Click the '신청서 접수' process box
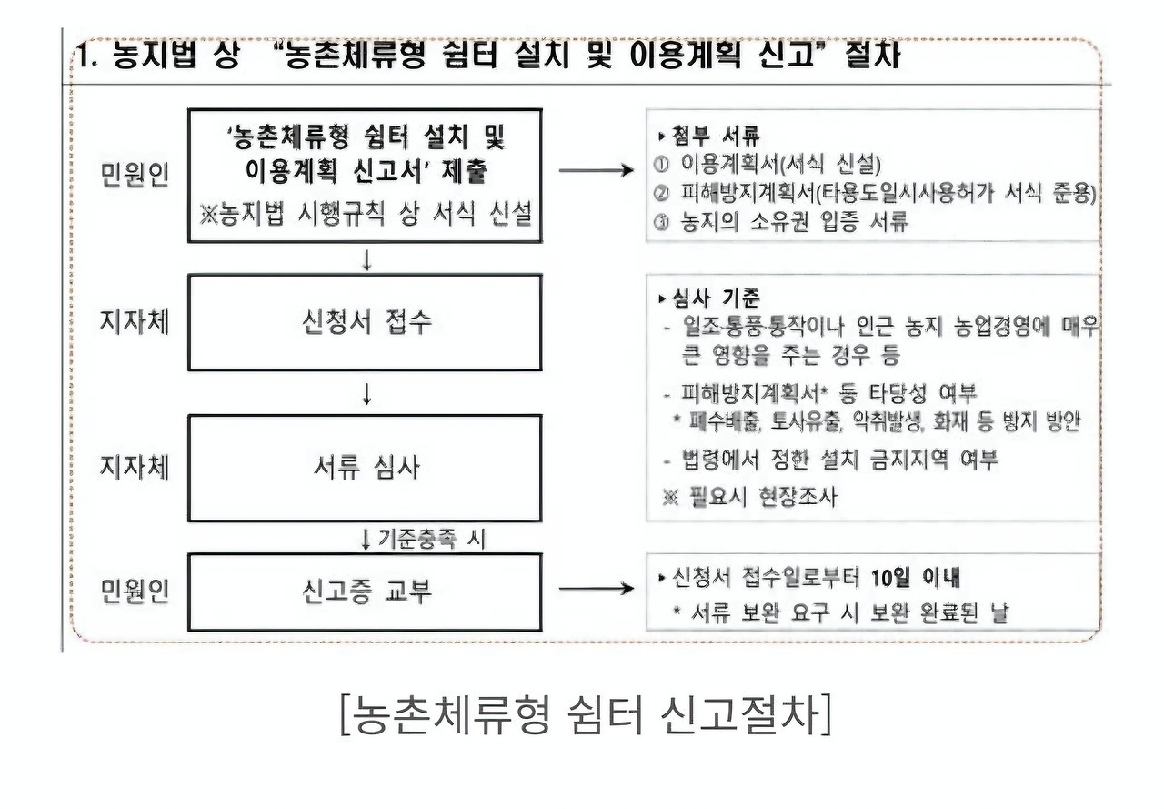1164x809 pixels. click(x=365, y=322)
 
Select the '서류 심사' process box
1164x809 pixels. click(x=365, y=469)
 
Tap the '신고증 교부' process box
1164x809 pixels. click(x=365, y=592)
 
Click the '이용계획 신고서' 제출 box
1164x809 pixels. click(x=365, y=176)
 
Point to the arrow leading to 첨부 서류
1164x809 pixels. click(x=596, y=170)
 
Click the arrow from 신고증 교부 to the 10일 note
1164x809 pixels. click(x=596, y=589)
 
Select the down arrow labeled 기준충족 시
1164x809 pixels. click(x=366, y=540)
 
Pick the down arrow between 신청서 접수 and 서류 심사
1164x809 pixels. click(x=366, y=394)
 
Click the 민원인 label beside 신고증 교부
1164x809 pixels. click(x=135, y=592)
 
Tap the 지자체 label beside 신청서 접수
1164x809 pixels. click(x=135, y=323)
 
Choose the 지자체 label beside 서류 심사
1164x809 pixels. click(x=135, y=469)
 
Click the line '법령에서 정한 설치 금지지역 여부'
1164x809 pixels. click(x=830, y=460)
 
